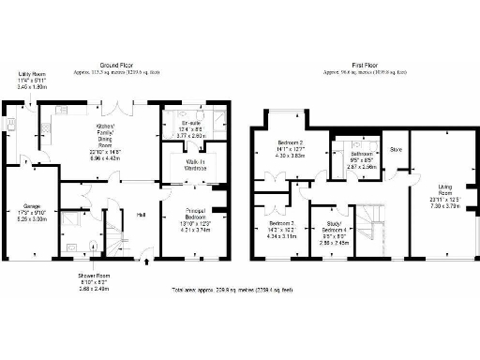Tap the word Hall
click(141, 214)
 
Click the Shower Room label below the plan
click(94, 280)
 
